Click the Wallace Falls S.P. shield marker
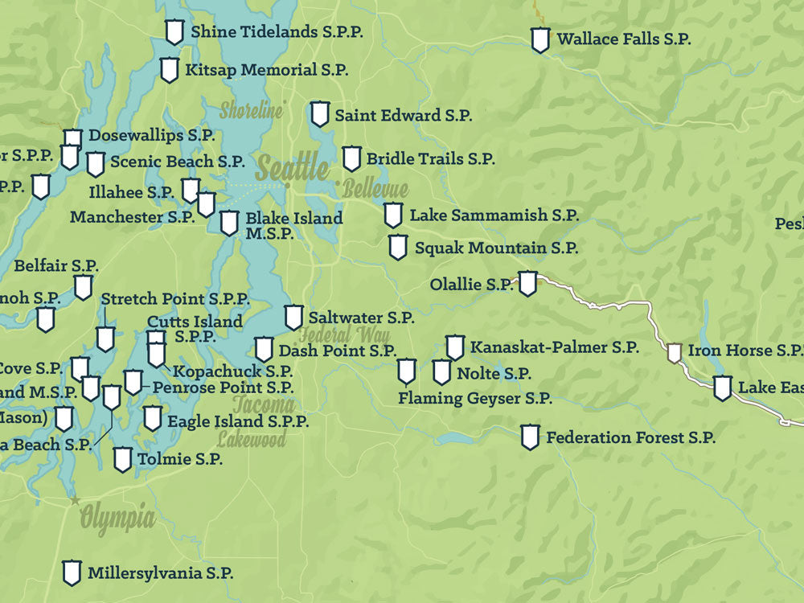click(540, 39)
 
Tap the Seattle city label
click(292, 169)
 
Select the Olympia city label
click(117, 517)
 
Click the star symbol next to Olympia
click(76, 500)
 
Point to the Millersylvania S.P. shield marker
click(72, 572)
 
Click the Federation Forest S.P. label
click(630, 438)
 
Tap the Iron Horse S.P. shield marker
click(675, 352)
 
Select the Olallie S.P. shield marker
click(527, 283)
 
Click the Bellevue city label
click(375, 191)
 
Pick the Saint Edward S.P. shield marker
click(320, 114)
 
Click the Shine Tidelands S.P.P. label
click(277, 32)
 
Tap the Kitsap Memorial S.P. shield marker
click(169, 70)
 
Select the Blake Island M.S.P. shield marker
click(229, 223)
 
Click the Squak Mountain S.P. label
click(496, 248)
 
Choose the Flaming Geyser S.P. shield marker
click(407, 371)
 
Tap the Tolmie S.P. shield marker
click(122, 459)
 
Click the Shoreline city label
click(251, 110)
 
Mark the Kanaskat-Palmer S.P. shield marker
click(455, 347)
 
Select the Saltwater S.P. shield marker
click(294, 317)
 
